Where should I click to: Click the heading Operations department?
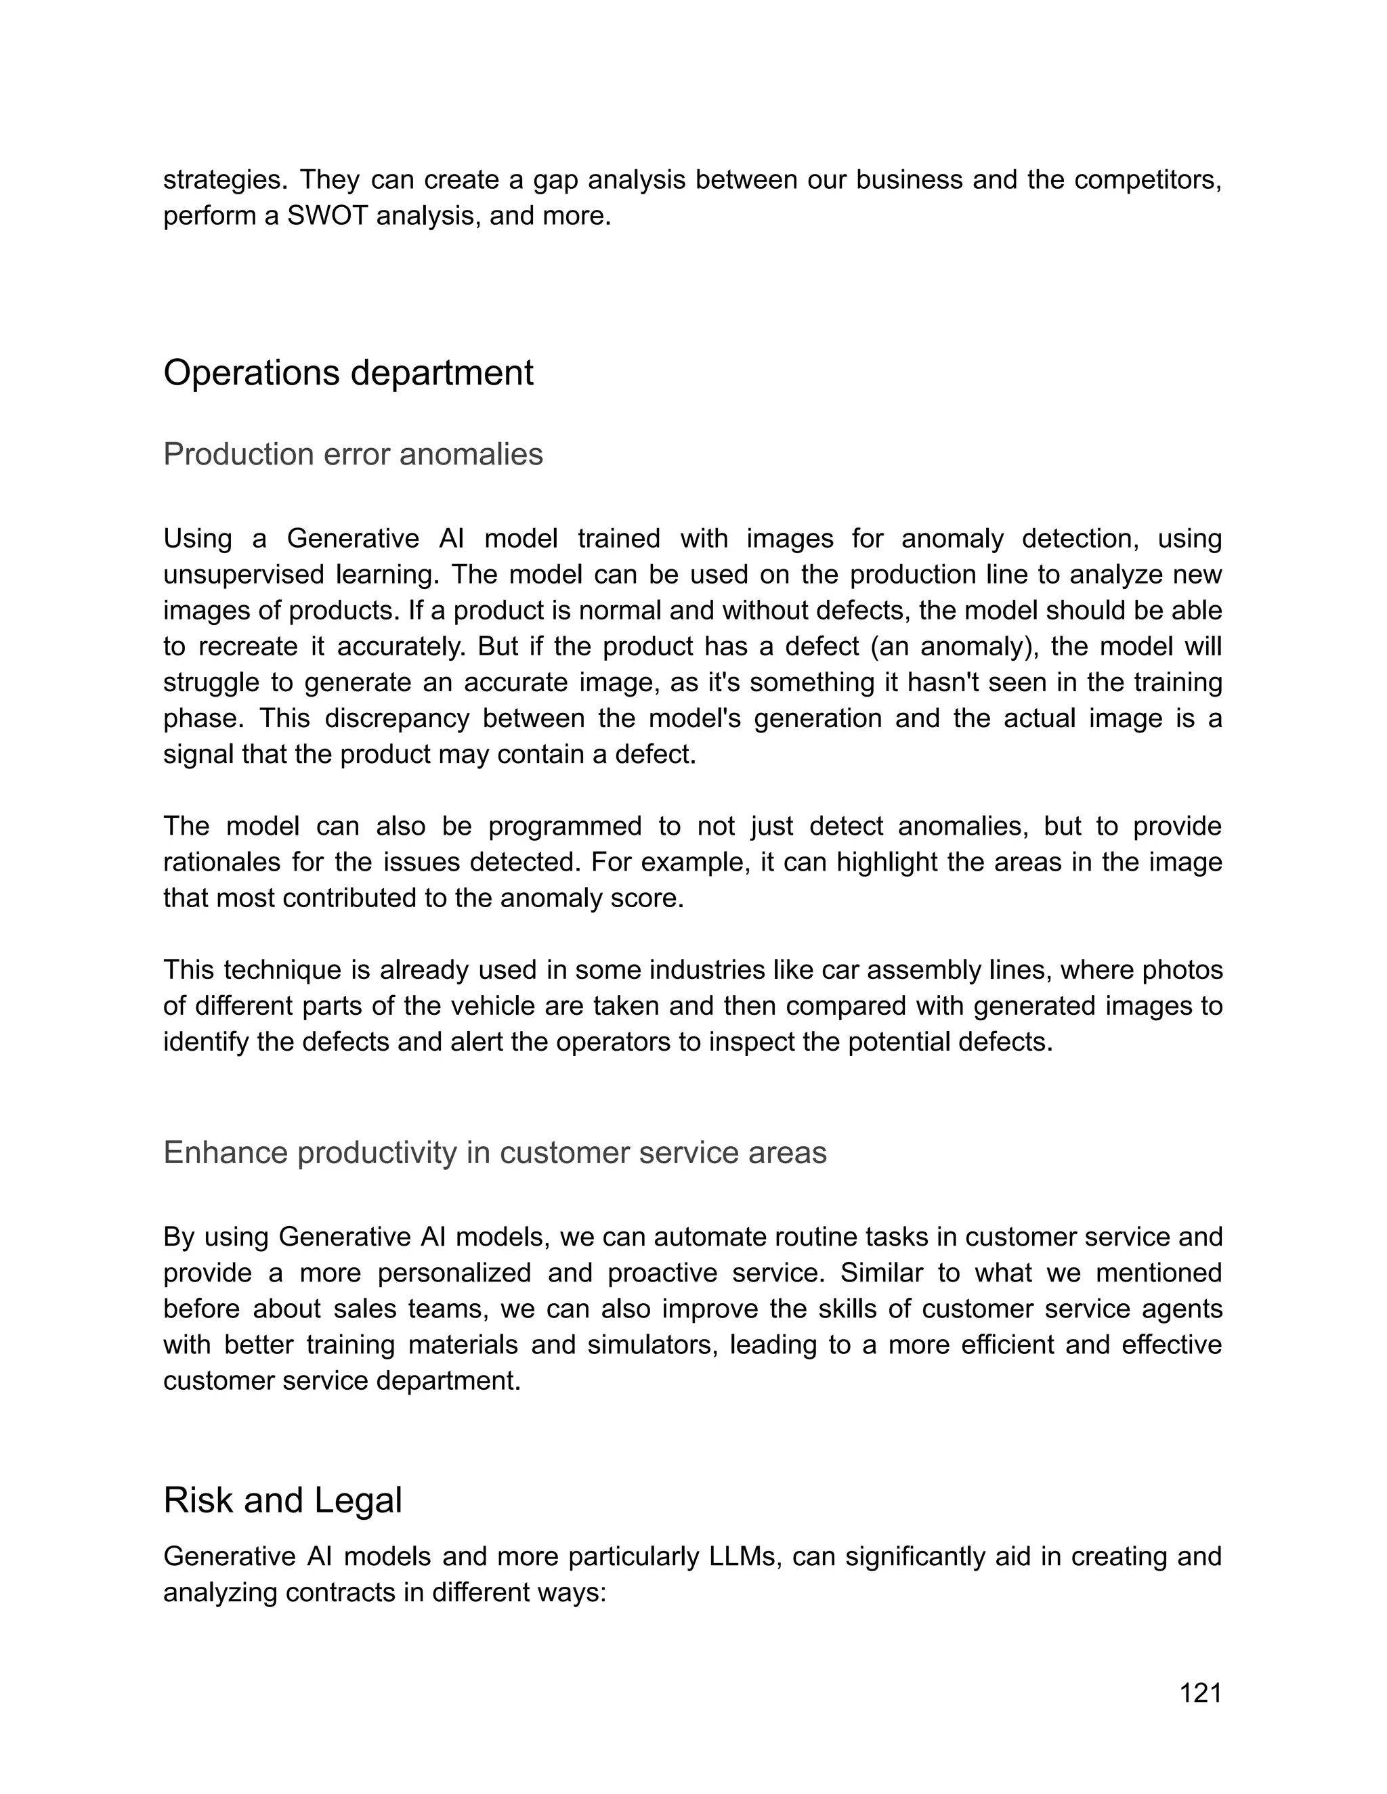click(x=348, y=373)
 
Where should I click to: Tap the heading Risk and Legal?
click(x=282, y=1501)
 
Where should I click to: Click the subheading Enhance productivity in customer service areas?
click(x=494, y=1152)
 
